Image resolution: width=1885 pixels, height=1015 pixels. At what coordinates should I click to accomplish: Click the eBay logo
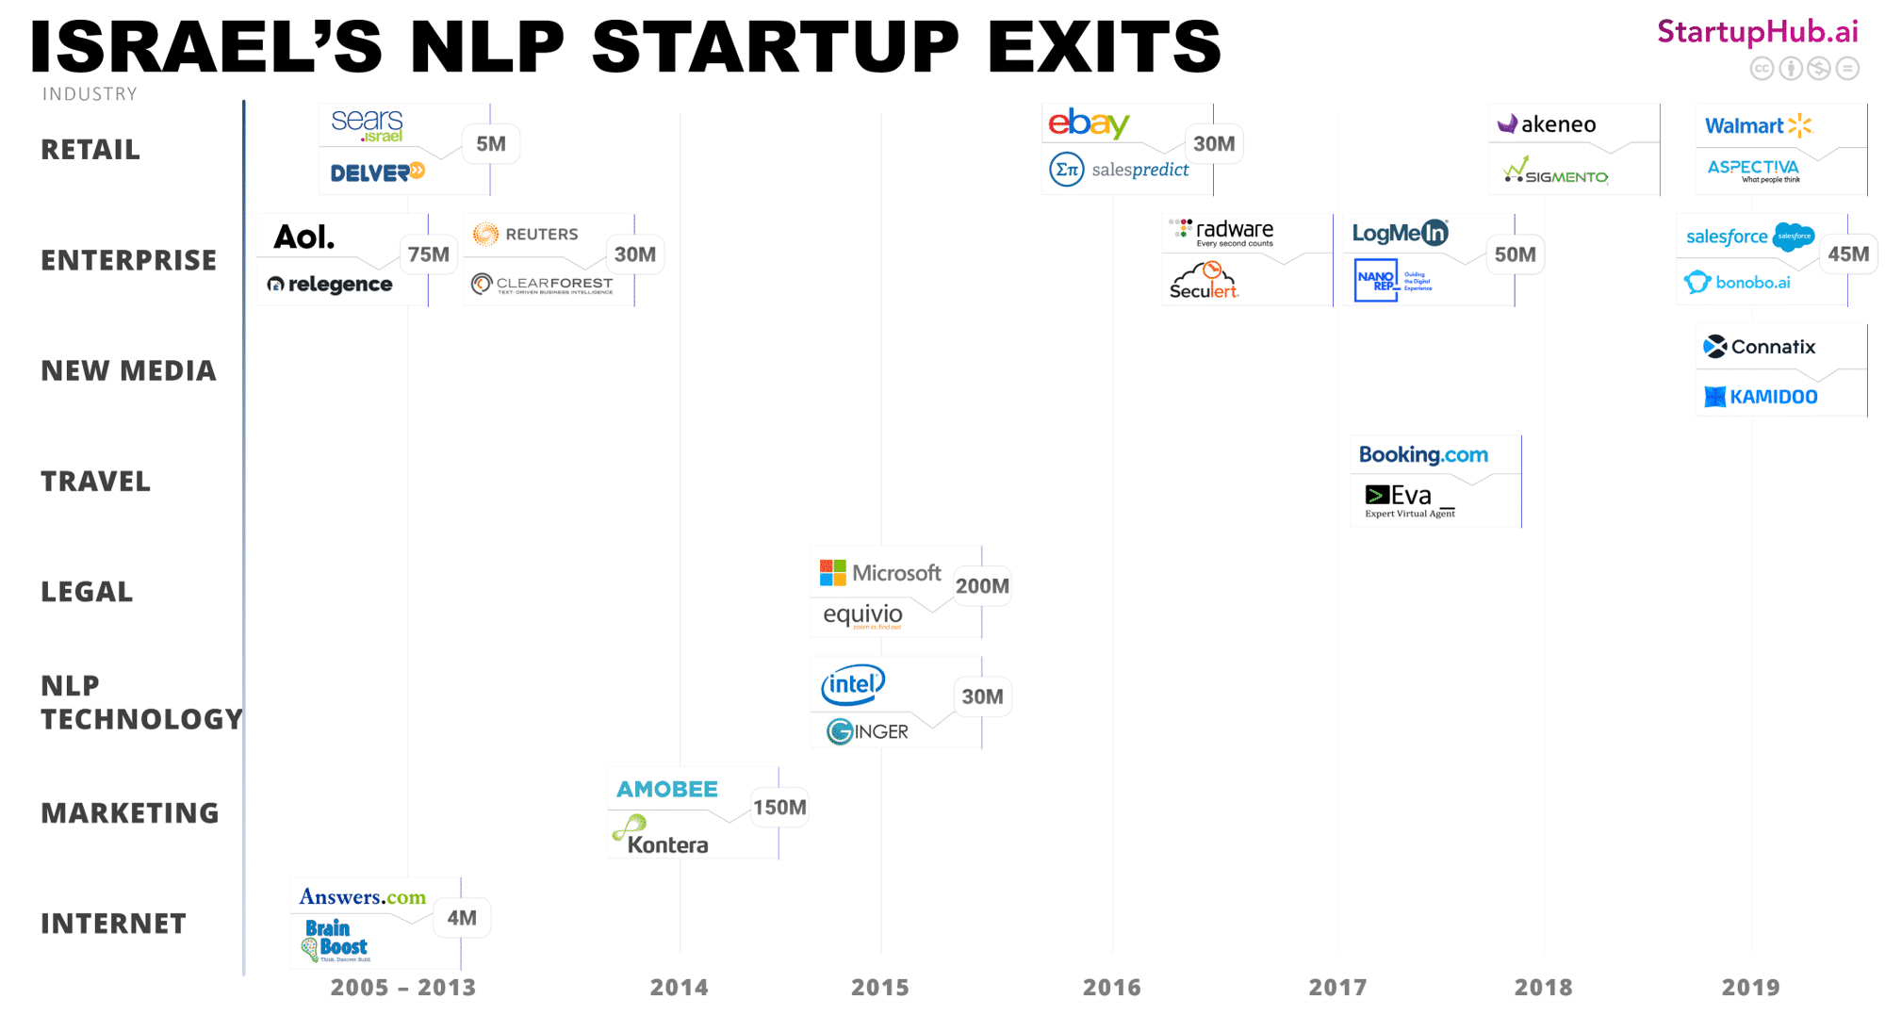(x=1089, y=123)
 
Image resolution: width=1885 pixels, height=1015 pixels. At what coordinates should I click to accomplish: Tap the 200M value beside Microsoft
(x=982, y=586)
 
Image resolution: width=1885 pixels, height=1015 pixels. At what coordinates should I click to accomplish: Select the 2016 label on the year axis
(x=1111, y=987)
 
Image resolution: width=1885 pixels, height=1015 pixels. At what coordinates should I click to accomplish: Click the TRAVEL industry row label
(x=95, y=482)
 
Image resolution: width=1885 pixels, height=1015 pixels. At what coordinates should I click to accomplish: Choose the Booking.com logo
(x=1423, y=455)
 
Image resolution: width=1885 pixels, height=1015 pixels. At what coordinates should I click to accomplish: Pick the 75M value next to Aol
(x=429, y=254)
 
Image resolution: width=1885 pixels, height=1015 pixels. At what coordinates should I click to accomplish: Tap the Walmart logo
(x=1758, y=125)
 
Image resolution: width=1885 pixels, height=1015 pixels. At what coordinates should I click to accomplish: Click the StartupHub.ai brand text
(x=1758, y=32)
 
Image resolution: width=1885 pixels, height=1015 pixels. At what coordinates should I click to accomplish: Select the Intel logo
(x=853, y=685)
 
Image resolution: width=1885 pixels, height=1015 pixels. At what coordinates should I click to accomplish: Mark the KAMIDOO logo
(x=1761, y=397)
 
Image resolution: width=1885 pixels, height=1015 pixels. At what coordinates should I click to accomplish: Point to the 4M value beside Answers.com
(x=462, y=918)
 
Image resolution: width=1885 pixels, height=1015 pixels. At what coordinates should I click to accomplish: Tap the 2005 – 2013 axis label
(x=403, y=987)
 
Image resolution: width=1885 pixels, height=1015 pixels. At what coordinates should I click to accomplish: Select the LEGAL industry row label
(x=87, y=592)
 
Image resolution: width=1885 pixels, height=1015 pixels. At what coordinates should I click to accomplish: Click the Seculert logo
(x=1204, y=282)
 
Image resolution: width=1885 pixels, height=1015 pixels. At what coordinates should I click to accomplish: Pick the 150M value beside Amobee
(x=779, y=808)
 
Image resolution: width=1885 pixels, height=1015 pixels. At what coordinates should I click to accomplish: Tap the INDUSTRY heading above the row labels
(x=90, y=94)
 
